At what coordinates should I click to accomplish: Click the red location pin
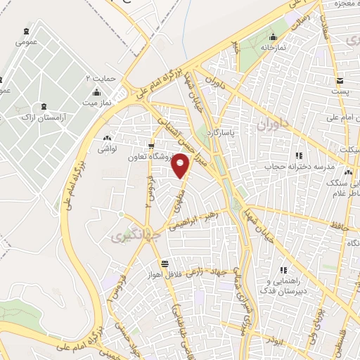tap(181, 165)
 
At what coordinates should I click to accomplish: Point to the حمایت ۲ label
tap(99, 77)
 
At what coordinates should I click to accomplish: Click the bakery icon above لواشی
tap(107, 139)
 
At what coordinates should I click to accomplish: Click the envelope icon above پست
tap(340, 79)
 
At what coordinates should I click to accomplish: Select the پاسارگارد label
tap(234, 131)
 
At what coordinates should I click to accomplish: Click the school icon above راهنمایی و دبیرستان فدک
tap(284, 270)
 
